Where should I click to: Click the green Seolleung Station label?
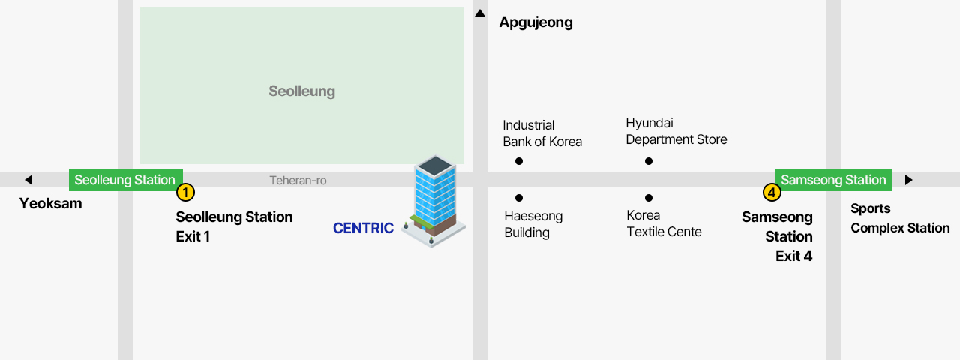125,180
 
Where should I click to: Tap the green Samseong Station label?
833,180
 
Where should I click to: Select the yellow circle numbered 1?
185,193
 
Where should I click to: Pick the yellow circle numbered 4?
772,193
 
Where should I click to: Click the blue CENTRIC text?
363,228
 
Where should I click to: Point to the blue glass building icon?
434,199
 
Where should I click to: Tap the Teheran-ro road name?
298,181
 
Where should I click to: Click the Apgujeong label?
535,22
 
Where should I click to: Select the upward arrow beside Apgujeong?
480,13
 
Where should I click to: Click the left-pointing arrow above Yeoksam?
28,180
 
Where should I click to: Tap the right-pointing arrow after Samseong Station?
908,180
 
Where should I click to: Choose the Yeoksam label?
50,203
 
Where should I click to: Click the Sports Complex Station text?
899,218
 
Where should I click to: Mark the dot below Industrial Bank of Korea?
519,161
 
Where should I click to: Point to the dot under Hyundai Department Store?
649,161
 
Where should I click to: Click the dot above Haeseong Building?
519,198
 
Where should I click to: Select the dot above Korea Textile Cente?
649,198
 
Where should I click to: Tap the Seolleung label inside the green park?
301,91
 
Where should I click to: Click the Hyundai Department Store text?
676,131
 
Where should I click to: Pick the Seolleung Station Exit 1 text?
234,226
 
